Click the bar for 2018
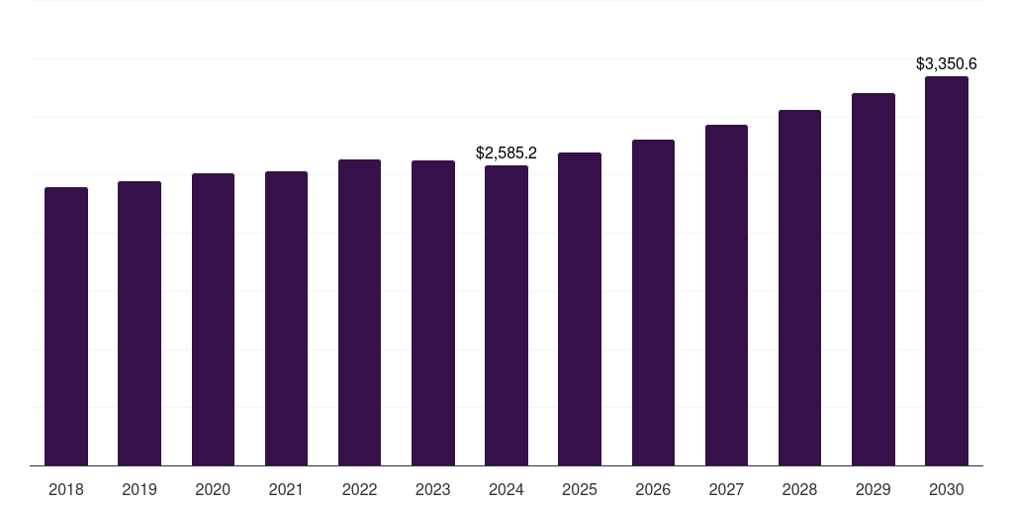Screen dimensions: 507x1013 click(66, 327)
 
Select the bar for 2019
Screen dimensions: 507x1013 click(139, 324)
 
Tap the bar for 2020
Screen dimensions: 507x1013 click(213, 320)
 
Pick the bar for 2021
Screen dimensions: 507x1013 click(286, 319)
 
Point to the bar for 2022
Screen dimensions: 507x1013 click(359, 313)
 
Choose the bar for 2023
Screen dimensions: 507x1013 click(433, 313)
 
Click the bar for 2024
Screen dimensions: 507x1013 click(506, 316)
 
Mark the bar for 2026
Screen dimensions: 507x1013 click(653, 303)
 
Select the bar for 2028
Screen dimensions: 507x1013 click(799, 288)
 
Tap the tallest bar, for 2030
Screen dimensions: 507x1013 click(947, 271)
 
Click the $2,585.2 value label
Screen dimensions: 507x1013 click(506, 153)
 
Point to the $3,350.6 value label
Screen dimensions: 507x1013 click(947, 64)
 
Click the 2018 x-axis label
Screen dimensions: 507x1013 click(66, 489)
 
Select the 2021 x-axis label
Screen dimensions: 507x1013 click(286, 489)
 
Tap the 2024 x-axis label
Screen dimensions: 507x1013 click(506, 489)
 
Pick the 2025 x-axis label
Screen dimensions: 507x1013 click(580, 489)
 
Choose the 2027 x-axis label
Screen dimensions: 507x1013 click(726, 489)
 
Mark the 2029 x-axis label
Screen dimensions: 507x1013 click(874, 489)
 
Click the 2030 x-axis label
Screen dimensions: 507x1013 click(947, 489)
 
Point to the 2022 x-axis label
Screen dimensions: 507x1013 click(359, 489)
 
